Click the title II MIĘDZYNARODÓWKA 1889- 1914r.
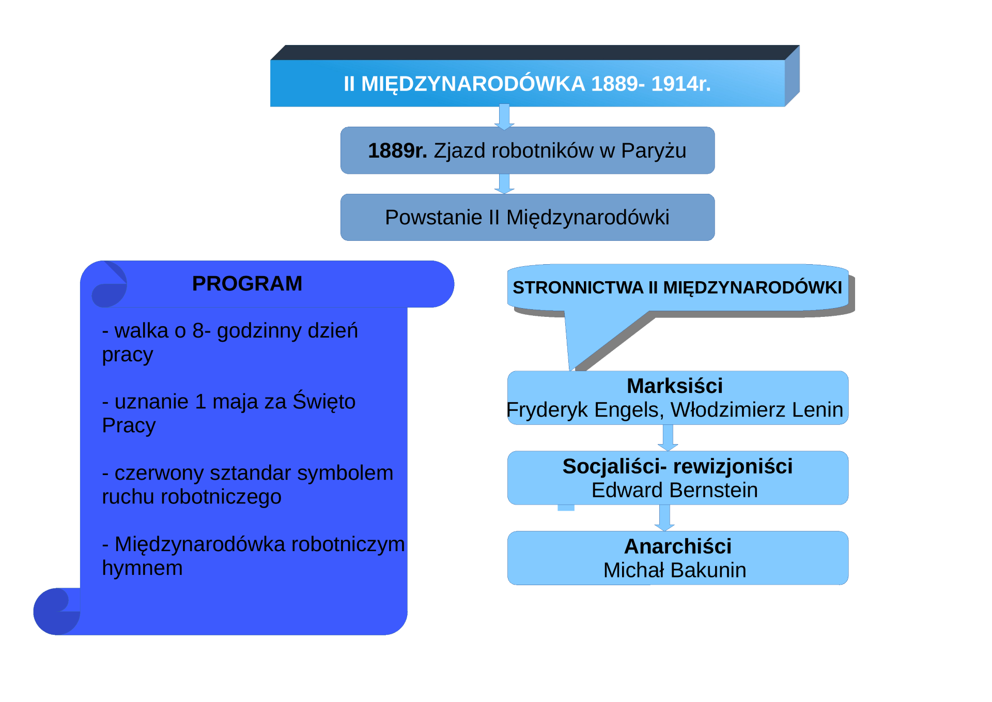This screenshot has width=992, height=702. point(527,84)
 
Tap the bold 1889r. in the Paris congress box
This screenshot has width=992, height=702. point(397,150)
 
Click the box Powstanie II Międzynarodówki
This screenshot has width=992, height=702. point(528,217)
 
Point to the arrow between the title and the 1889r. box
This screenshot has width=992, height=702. point(504,117)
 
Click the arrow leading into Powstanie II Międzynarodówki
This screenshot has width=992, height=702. point(504,184)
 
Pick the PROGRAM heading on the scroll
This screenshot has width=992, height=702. point(247,283)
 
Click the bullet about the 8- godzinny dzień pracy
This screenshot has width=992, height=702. point(230,342)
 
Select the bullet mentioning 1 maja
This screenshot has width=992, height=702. point(229,413)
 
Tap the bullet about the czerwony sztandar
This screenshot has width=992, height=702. point(247,484)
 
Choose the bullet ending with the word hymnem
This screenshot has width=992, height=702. point(253,556)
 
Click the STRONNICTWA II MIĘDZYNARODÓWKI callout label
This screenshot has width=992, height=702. point(677,287)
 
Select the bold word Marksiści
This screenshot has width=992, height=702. point(675,386)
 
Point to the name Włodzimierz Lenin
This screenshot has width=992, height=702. point(757,409)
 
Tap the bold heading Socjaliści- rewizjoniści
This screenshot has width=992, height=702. point(677,466)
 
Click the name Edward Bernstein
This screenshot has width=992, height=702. point(675,490)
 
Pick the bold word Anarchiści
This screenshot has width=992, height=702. point(678,546)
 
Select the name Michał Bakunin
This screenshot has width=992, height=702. point(675,570)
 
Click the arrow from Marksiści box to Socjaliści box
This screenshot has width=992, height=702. point(668,438)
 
